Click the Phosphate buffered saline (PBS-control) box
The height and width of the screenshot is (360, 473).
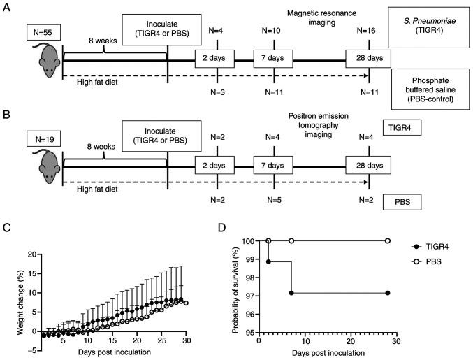[428, 88]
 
